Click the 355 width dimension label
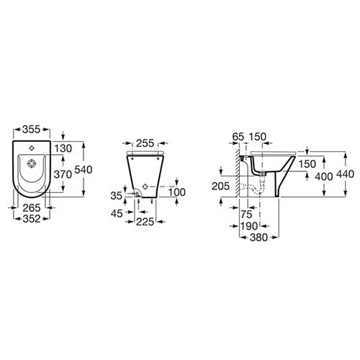tap(31, 130)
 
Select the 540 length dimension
tap(84, 170)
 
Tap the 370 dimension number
tap(63, 174)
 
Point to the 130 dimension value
tap(63, 148)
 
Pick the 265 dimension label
tap(32, 207)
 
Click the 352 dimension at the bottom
tap(32, 219)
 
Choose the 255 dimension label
tap(145, 143)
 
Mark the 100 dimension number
tap(176, 192)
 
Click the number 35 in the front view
tap(117, 196)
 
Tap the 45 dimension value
tap(117, 213)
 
